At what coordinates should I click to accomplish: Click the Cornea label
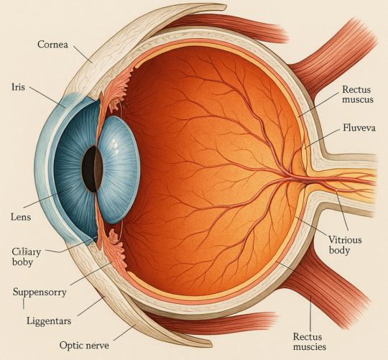tap(52, 45)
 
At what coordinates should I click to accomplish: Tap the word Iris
tap(18, 87)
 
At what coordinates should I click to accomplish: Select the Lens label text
tap(21, 217)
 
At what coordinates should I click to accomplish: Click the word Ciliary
tap(27, 251)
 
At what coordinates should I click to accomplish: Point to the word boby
tap(22, 262)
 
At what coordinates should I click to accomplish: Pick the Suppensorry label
tap(40, 292)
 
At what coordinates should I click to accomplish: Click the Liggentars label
tap(49, 321)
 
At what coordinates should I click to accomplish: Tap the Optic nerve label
tap(84, 345)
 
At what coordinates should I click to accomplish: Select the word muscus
tap(358, 100)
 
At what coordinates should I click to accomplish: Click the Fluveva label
tap(359, 128)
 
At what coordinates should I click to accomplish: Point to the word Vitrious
tap(345, 240)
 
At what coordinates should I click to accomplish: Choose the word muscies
tap(310, 346)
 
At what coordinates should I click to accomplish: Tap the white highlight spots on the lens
tap(114, 144)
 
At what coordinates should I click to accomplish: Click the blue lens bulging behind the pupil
tap(119, 170)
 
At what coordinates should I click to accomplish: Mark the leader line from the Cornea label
tap(83, 54)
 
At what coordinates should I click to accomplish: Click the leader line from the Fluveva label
tap(323, 139)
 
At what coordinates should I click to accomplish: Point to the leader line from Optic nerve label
tap(125, 332)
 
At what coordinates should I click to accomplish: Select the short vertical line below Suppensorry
tap(24, 303)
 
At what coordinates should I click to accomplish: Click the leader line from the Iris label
tap(47, 97)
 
